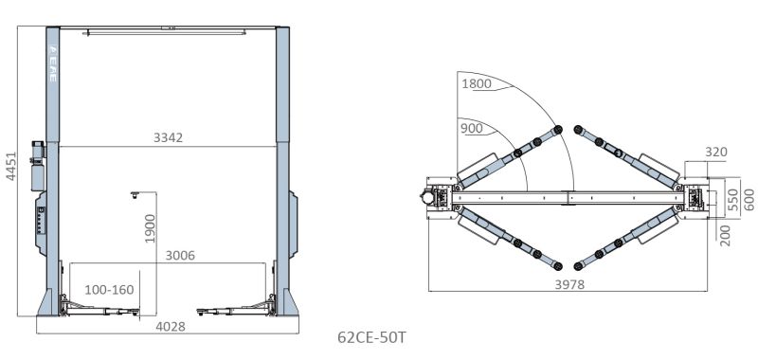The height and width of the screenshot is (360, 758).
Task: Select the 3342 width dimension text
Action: pyautogui.click(x=169, y=137)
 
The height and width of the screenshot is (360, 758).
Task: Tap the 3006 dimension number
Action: pyautogui.click(x=180, y=255)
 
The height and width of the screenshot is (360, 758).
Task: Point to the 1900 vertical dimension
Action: pyautogui.click(x=151, y=228)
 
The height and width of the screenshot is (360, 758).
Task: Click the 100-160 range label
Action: pyautogui.click(x=109, y=290)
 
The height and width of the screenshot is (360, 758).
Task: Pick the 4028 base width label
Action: pyautogui.click(x=171, y=327)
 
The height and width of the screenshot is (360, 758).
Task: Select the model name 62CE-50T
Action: pyautogui.click(x=371, y=337)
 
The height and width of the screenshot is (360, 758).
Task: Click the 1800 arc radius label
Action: pyautogui.click(x=477, y=83)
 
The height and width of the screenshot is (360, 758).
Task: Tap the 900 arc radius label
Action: pyautogui.click(x=471, y=128)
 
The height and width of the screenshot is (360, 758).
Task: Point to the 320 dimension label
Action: pyautogui.click(x=716, y=152)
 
